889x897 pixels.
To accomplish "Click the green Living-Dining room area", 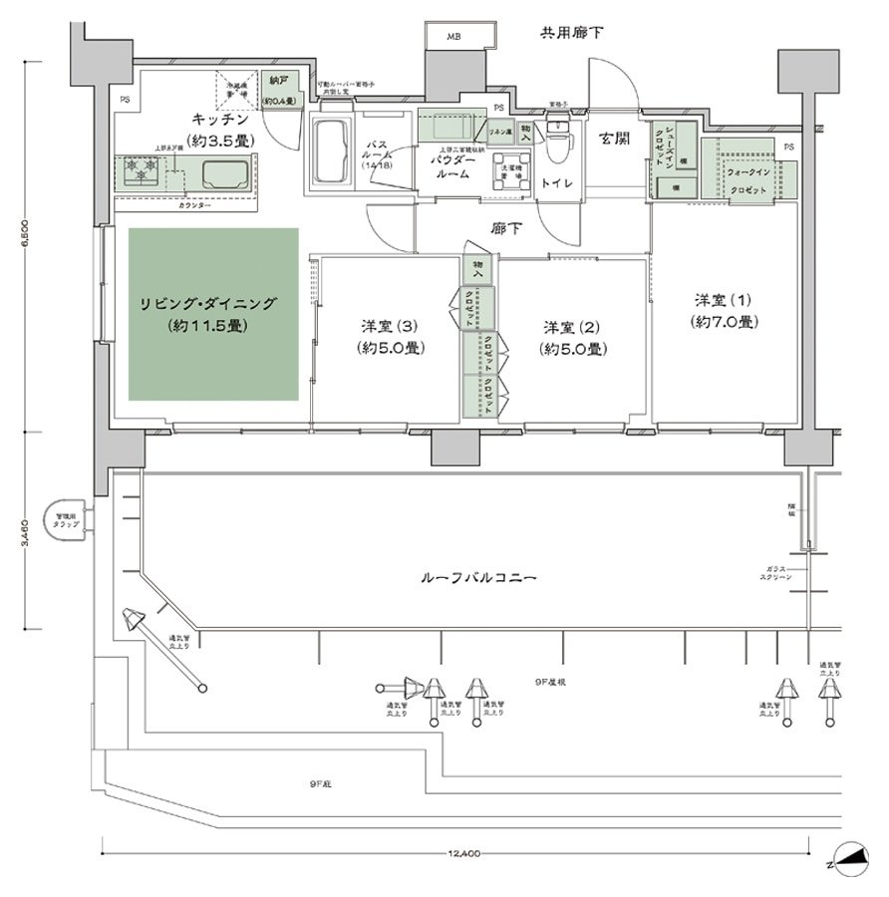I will [213, 314].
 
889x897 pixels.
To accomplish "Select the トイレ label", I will [556, 183].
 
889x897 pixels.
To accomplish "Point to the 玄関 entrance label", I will [613, 140].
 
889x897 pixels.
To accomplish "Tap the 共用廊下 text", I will [571, 32].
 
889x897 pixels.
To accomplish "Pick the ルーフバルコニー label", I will [479, 577].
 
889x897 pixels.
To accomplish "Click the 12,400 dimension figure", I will [464, 853].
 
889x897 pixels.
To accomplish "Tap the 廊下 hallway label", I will [506, 228].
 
